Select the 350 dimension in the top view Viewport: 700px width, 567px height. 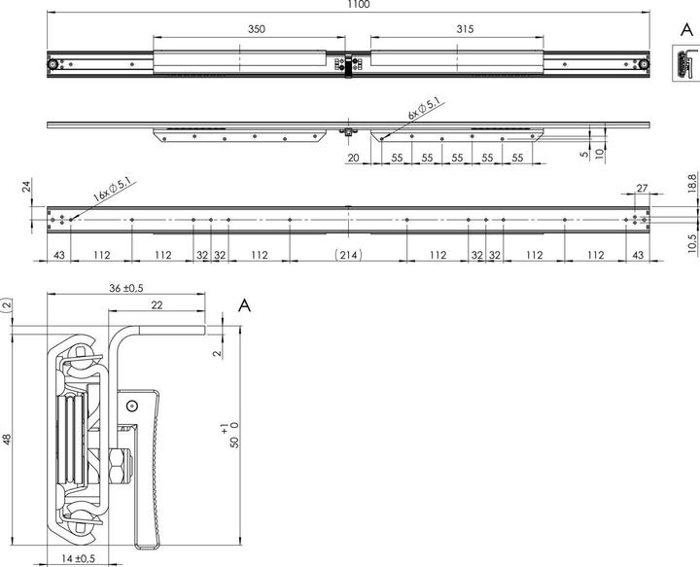click(256, 30)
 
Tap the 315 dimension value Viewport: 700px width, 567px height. click(464, 30)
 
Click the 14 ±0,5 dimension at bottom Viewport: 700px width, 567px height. click(76, 559)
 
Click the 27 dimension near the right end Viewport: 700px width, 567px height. click(641, 187)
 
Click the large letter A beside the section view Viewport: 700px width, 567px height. click(245, 306)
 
